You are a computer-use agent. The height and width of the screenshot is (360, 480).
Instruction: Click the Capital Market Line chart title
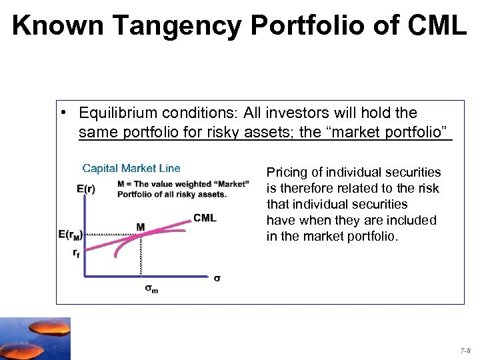pyautogui.click(x=131, y=168)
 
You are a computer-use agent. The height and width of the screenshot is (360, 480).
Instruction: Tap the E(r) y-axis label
pyautogui.click(x=85, y=189)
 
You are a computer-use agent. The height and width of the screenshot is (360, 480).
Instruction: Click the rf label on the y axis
pyautogui.click(x=77, y=253)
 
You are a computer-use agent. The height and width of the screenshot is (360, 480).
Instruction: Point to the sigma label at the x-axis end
pyautogui.click(x=217, y=277)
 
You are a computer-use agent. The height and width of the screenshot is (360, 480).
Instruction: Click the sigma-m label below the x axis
pyautogui.click(x=152, y=289)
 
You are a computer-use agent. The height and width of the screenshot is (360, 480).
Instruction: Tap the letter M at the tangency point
pyautogui.click(x=141, y=227)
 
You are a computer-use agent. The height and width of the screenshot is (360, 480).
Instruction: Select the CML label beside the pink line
pyautogui.click(x=205, y=218)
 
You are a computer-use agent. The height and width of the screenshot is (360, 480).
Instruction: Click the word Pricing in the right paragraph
pyautogui.click(x=286, y=172)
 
